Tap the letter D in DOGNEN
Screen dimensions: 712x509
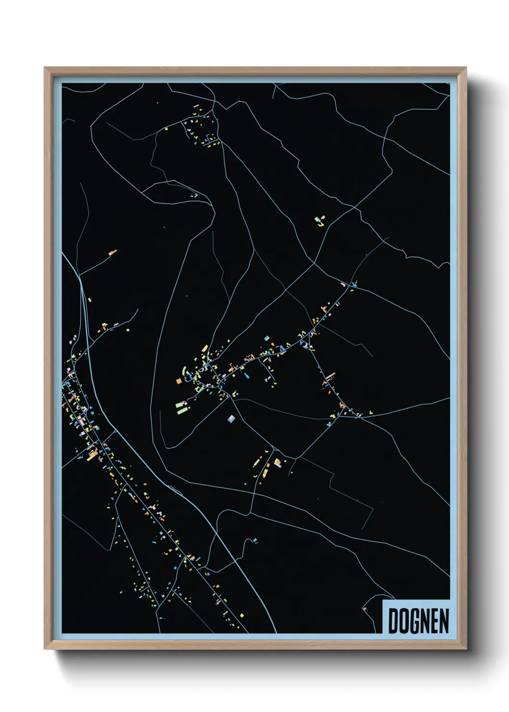(x=393, y=621)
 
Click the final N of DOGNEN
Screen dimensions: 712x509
(x=444, y=621)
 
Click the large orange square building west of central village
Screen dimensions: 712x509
(x=178, y=381)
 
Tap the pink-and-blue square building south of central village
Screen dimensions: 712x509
(x=231, y=419)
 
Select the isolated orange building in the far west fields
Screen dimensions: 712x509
(x=113, y=252)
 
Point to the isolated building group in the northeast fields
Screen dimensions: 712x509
(x=319, y=221)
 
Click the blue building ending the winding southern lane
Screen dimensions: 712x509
(x=254, y=540)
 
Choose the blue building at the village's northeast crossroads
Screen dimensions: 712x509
(x=355, y=285)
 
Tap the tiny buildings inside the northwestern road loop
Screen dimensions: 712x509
(x=194, y=195)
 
